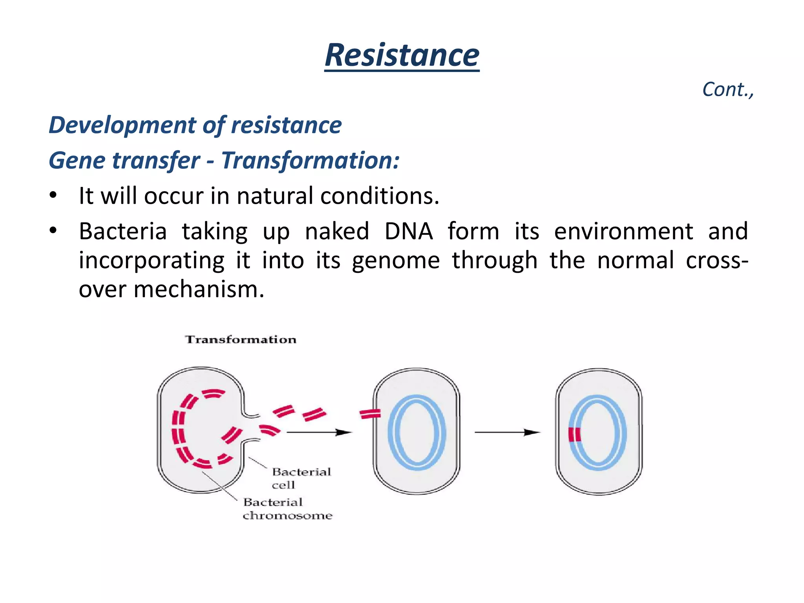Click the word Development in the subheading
coord(122,125)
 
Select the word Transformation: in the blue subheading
coord(310,161)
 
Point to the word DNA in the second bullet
coord(408,231)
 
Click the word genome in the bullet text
coord(395,260)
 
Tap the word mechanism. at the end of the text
coord(199,289)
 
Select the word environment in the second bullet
coord(623,231)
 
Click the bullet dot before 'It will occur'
coord(53,195)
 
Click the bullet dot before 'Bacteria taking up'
coord(53,230)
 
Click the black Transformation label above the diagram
coord(241,340)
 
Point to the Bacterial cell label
coord(301,478)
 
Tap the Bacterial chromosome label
coord(287,509)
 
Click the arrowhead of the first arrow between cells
coord(345,432)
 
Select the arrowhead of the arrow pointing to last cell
coord(532,432)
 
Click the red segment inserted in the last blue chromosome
coord(575,435)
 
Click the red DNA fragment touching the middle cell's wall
coord(370,413)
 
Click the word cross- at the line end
coord(717,260)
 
